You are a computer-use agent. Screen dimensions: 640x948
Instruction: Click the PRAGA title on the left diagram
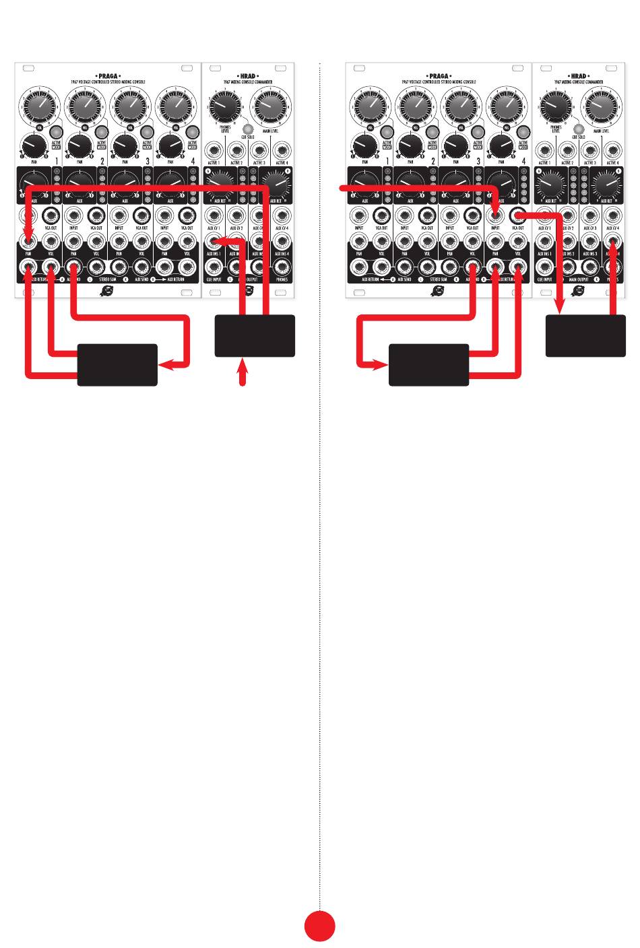pos(108,76)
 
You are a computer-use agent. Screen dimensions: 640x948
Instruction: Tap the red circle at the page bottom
pos(319,926)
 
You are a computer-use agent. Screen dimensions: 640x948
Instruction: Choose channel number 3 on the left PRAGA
pos(148,161)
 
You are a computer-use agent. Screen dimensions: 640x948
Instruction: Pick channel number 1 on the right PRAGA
pos(387,161)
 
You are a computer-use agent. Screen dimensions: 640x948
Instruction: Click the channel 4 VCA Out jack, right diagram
pos(518,216)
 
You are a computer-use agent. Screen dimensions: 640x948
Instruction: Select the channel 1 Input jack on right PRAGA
pos(359,216)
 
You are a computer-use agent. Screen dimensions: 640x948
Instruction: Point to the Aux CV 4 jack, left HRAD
pos(282,216)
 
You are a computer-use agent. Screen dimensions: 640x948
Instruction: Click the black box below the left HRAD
pos(255,335)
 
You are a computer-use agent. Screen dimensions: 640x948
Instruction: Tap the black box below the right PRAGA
pos(428,365)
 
